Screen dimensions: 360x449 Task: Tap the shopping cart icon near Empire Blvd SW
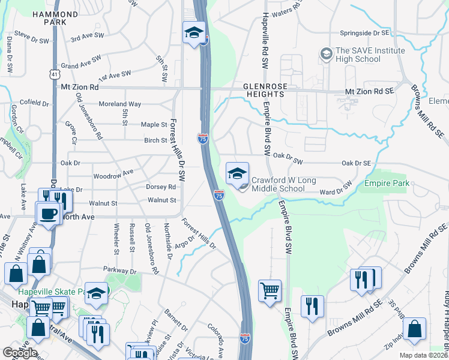(x=270, y=290)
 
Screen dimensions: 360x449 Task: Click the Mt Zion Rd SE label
(x=369, y=91)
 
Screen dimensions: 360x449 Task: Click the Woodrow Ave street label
(x=113, y=175)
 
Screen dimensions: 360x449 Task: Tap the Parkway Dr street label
(x=120, y=271)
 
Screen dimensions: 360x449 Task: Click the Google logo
(x=20, y=352)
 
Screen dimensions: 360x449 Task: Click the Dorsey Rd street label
(x=160, y=187)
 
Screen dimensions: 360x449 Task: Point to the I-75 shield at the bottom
(x=245, y=339)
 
